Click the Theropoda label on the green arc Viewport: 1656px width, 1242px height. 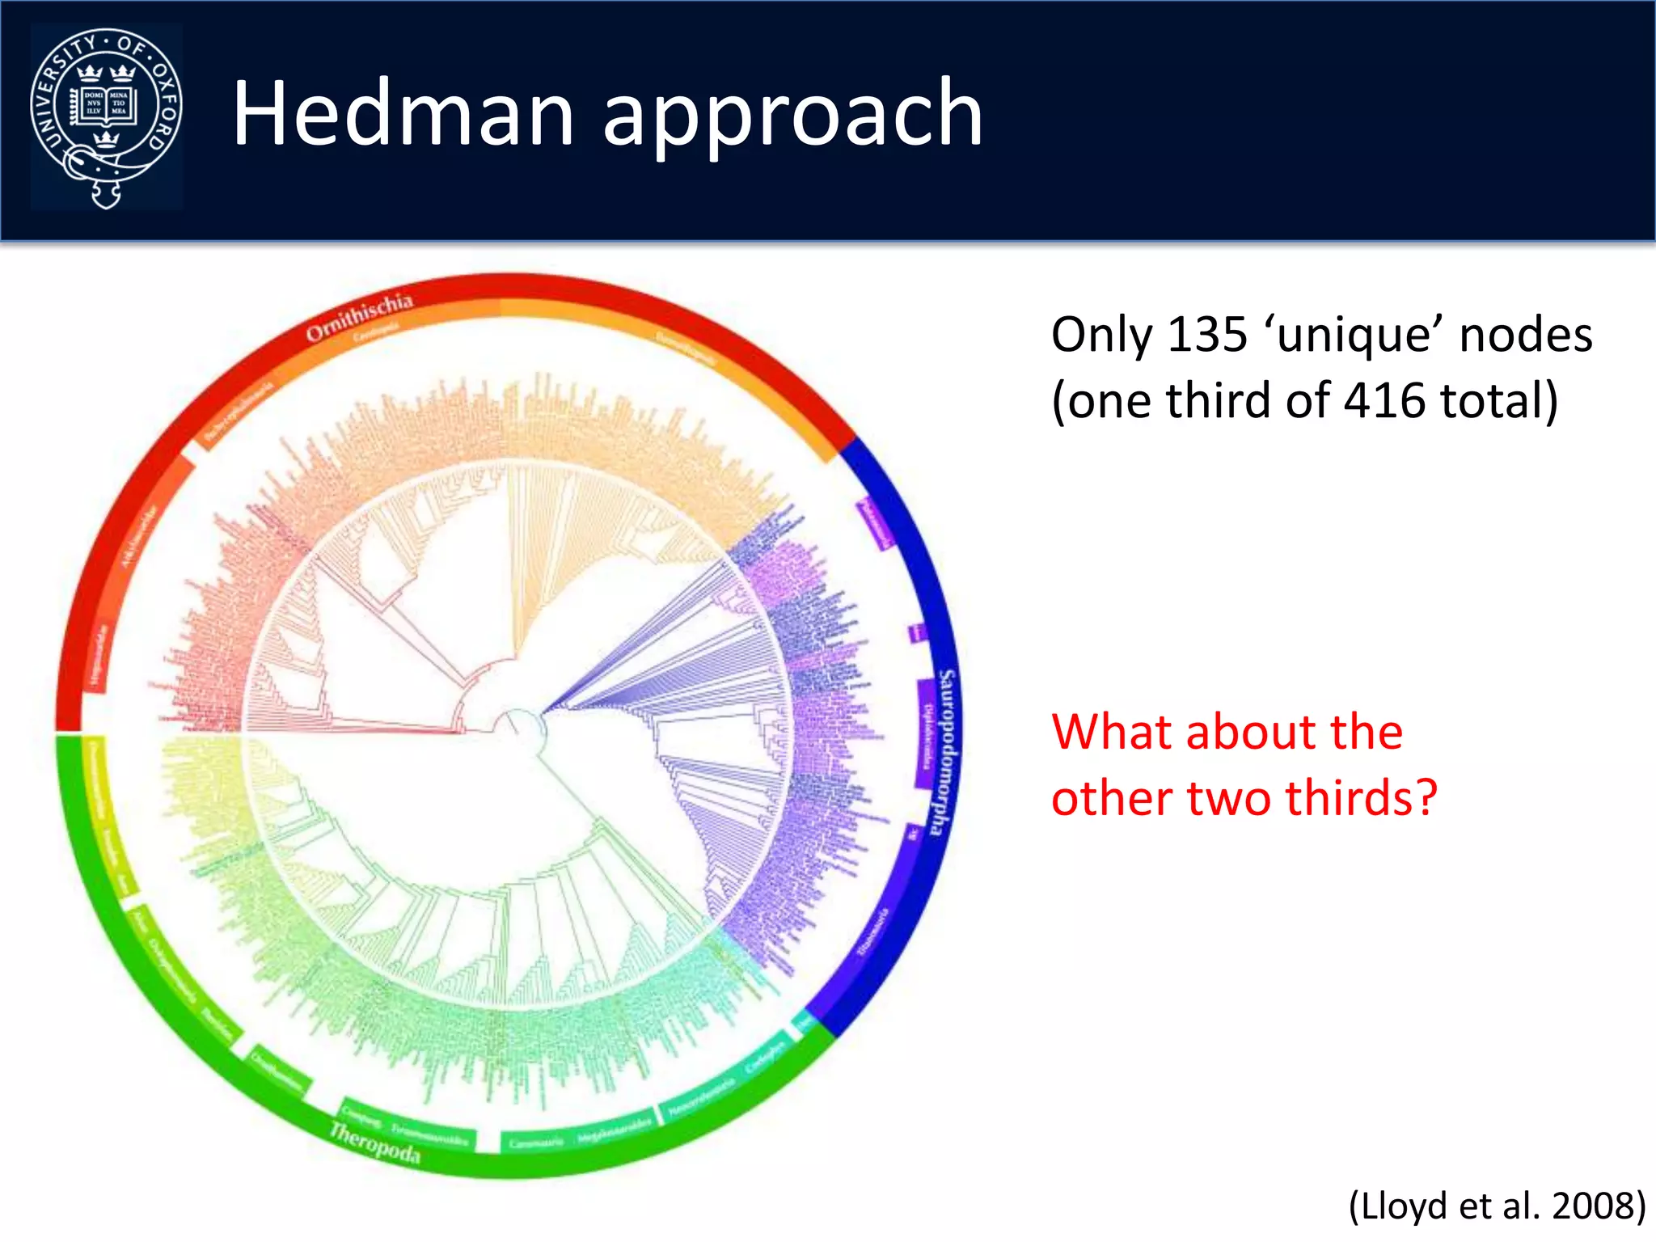(374, 1143)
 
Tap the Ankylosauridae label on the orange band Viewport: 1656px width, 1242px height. (139, 536)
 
